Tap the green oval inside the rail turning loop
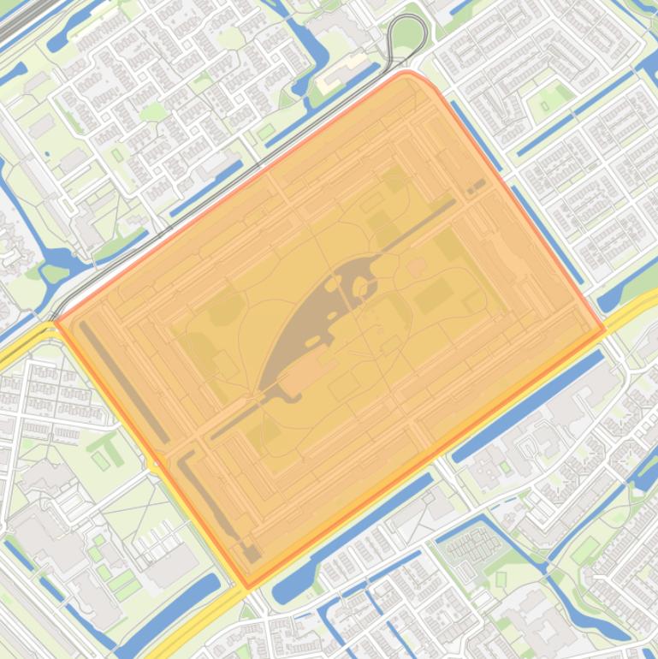407,34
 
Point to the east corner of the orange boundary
603,329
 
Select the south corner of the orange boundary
248,587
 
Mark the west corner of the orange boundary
56,322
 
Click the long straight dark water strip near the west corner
124,382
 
